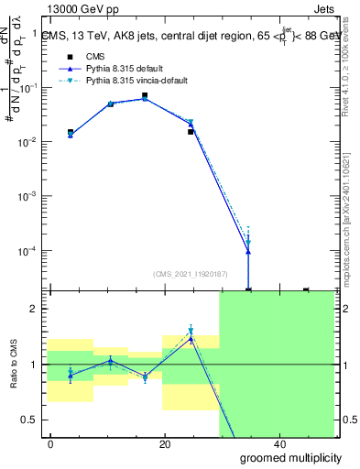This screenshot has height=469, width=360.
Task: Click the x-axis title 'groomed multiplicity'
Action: tap(284, 456)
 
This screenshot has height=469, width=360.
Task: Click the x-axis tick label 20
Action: tap(165, 444)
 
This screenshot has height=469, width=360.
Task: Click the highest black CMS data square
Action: tap(145, 95)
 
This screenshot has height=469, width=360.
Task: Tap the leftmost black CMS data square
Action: tap(71, 132)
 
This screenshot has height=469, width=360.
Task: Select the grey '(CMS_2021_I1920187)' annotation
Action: tap(189, 272)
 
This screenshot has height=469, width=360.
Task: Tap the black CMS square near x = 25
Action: tap(191, 132)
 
